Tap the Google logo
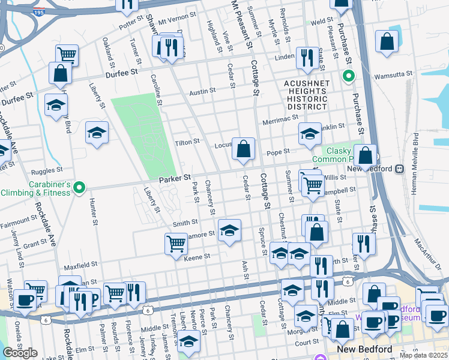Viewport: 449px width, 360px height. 20,353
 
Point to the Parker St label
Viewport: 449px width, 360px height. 175,178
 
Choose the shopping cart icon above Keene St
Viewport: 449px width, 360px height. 175,244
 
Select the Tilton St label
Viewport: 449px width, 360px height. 186,142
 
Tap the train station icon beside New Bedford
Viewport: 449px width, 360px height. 400,169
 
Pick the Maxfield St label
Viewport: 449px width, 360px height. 80,265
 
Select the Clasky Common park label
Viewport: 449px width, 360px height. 337,155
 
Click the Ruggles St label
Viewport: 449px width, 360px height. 48,170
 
